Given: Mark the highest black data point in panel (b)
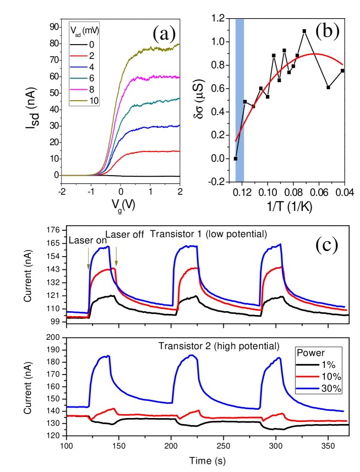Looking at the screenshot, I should (x=304, y=31).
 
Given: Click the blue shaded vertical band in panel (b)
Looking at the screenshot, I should (x=239, y=99).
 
